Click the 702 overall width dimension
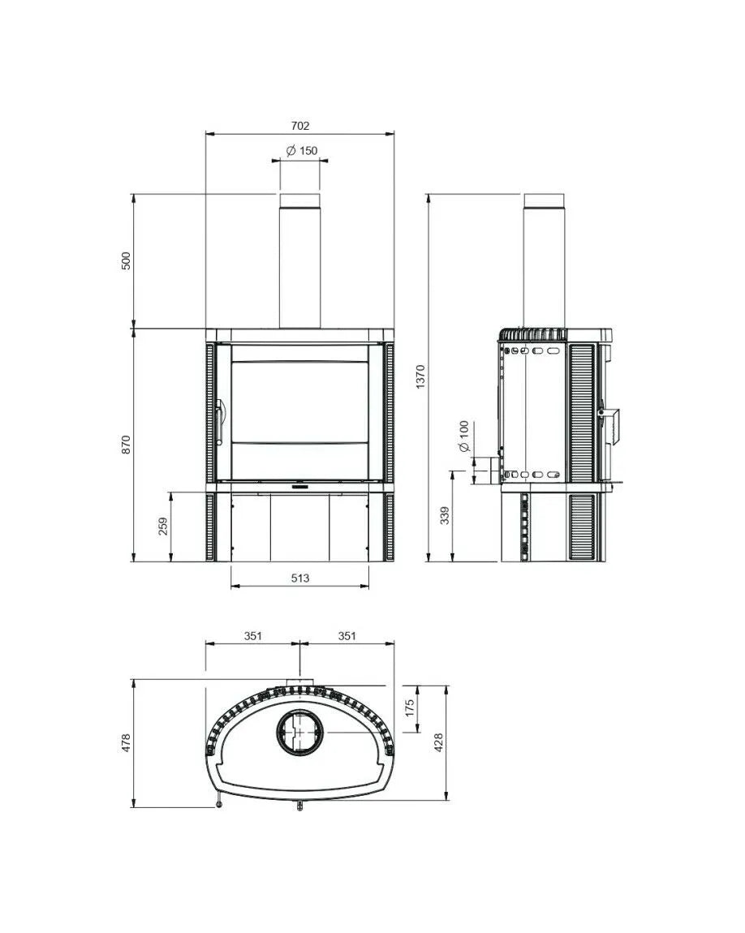click(x=299, y=126)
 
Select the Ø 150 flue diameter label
click(x=301, y=150)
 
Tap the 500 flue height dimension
click(x=125, y=261)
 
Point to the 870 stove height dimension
click(x=125, y=445)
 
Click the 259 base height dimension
click(x=163, y=527)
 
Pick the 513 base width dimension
click(x=299, y=578)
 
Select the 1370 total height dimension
click(x=420, y=377)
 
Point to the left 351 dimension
click(x=252, y=636)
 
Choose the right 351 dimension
click(x=347, y=636)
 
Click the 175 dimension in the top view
click(x=411, y=707)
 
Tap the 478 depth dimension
click(x=125, y=742)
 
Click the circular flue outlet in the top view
click(x=300, y=733)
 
